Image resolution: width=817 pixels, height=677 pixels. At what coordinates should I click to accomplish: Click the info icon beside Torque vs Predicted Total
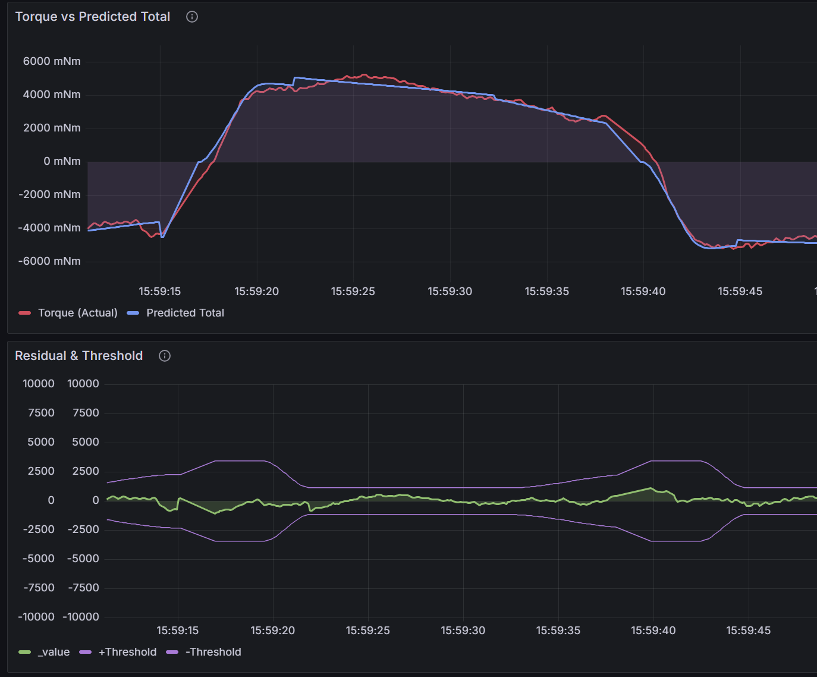[x=192, y=17]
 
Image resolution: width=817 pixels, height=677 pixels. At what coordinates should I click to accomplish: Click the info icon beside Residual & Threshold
[x=165, y=356]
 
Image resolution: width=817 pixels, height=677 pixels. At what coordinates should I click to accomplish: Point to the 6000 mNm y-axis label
[x=52, y=61]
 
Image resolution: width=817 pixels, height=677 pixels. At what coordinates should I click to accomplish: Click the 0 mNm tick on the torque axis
[x=62, y=161]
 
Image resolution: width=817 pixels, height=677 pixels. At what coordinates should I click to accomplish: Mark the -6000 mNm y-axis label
[x=49, y=261]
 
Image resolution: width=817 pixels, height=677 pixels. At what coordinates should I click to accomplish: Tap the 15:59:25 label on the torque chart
[x=353, y=292]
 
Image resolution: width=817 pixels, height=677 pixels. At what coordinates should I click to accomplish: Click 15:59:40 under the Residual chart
[x=653, y=631]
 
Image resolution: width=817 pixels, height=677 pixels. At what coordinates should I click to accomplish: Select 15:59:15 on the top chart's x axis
[x=160, y=292]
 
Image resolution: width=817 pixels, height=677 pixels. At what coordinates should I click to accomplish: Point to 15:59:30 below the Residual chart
[x=463, y=631]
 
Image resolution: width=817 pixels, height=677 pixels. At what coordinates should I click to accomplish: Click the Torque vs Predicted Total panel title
[x=93, y=17]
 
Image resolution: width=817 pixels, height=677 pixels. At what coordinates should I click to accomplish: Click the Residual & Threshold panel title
[x=79, y=356]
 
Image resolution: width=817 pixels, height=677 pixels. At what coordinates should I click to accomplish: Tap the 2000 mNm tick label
[x=52, y=128]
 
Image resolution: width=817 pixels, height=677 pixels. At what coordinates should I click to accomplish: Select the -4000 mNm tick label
[x=49, y=228]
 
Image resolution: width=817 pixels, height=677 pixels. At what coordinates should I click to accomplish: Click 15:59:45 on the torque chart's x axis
[x=740, y=292]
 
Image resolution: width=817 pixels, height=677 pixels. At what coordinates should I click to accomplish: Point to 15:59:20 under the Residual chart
[x=272, y=631]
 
